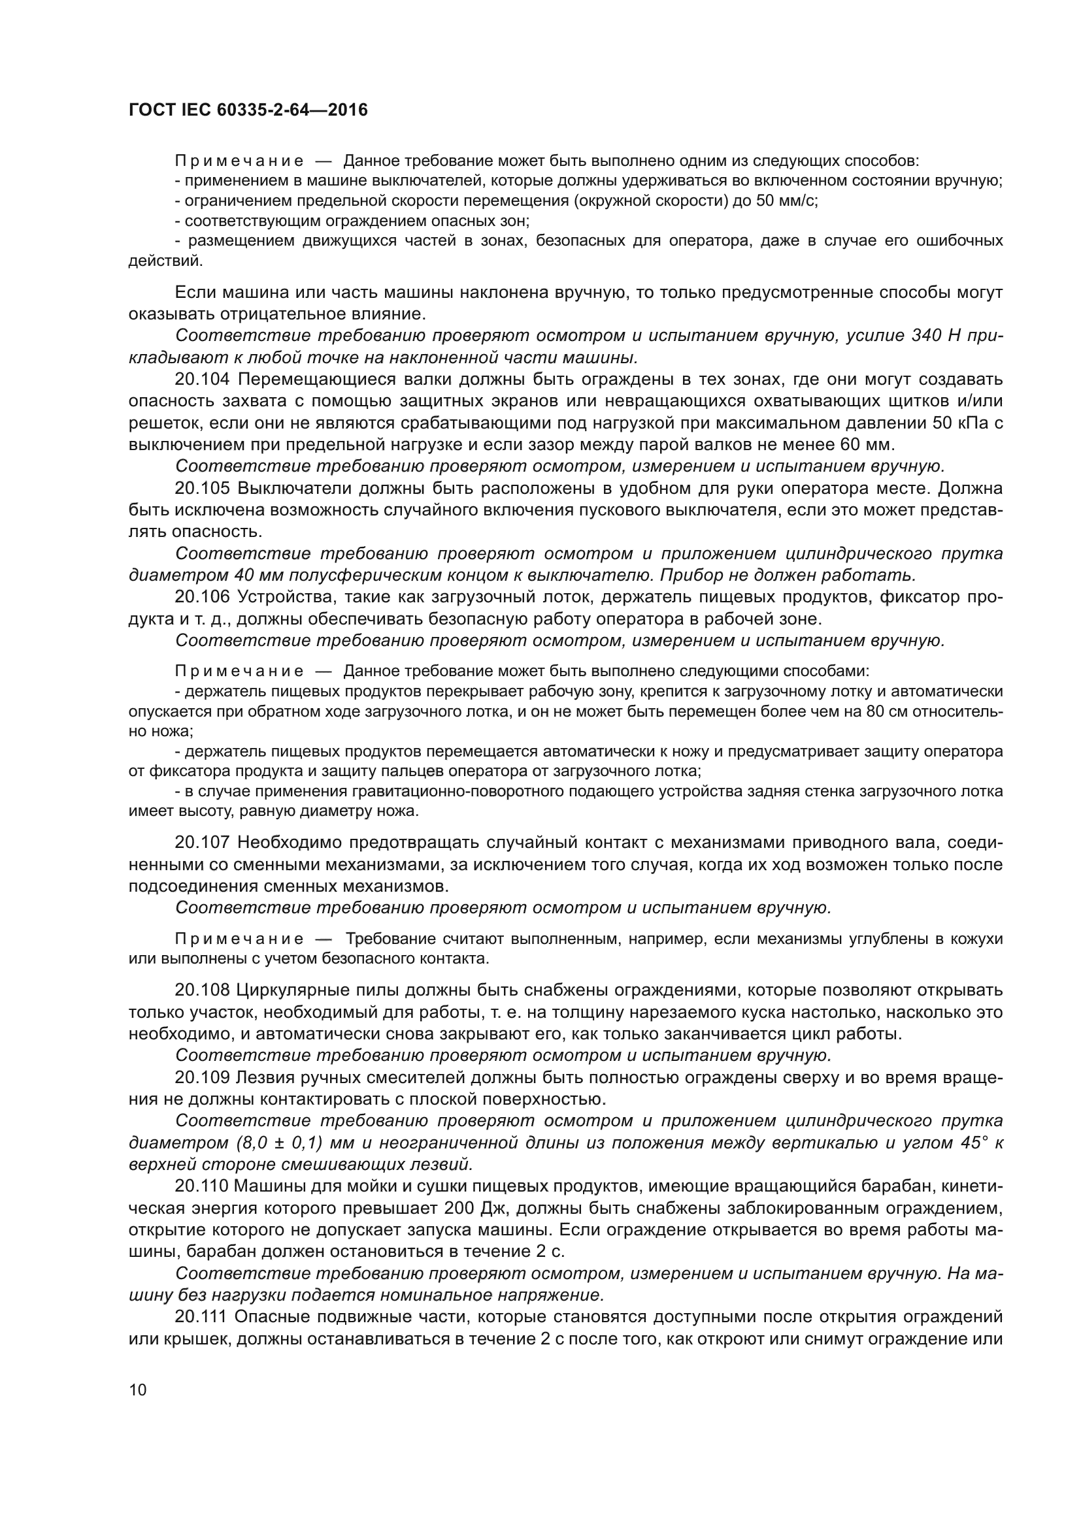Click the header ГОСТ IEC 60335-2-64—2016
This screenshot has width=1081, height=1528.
click(x=248, y=110)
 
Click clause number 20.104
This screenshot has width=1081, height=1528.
click(x=203, y=380)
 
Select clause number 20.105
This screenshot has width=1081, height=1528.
click(x=203, y=489)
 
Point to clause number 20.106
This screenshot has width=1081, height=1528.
click(x=203, y=598)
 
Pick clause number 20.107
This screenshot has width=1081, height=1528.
click(x=203, y=843)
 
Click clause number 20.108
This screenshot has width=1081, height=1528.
click(x=203, y=990)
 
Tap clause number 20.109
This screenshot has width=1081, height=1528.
click(x=203, y=1077)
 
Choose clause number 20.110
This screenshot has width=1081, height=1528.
click(x=203, y=1186)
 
